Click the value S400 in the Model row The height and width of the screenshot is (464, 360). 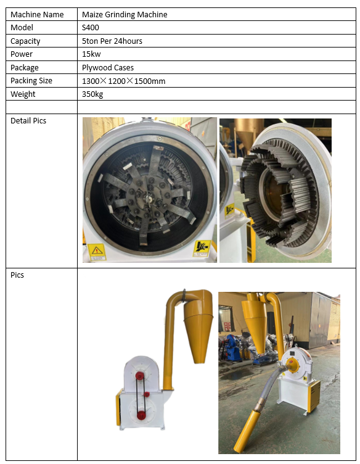pos(91,28)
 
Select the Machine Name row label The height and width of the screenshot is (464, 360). pos(37,15)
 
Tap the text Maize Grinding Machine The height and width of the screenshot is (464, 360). pos(125,15)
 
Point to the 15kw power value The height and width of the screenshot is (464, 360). pos(91,54)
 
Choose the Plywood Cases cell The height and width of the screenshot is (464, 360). pos(108,68)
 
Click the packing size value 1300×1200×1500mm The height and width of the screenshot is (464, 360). pos(123,81)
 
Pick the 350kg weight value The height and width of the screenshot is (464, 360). pos(92,94)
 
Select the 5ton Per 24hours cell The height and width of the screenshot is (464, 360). pos(112,41)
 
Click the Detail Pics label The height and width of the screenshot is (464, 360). pos(28,121)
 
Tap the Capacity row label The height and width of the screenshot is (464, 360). pos(25,41)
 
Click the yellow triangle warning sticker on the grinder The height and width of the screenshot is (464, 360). pos(97,252)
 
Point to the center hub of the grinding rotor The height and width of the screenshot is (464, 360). pos(148,196)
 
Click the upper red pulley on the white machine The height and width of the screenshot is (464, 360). pos(139,376)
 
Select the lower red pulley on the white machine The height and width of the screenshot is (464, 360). pos(141,415)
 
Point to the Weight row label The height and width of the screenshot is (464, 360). pos(23,94)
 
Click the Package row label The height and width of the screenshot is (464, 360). pos(25,68)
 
